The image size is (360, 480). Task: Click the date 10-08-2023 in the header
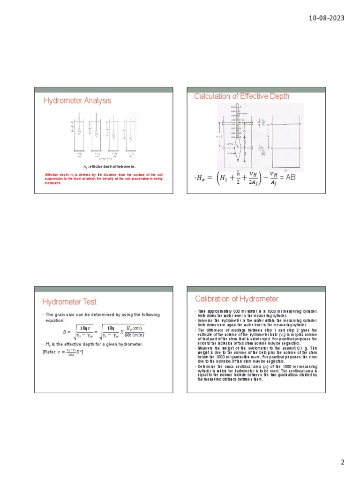pos(327,18)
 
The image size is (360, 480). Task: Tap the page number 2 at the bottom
pos(343,462)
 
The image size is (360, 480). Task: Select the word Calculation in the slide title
pos(211,96)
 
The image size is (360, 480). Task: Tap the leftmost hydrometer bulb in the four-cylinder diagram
pos(80,133)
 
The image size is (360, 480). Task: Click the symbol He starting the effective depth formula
pos(201,179)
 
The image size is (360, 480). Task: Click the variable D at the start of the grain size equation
pos(65,332)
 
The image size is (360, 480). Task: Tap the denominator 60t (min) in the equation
pos(132,335)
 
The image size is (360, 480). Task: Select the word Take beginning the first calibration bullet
pos(202,311)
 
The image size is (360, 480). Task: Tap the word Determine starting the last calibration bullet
pos(206,366)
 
